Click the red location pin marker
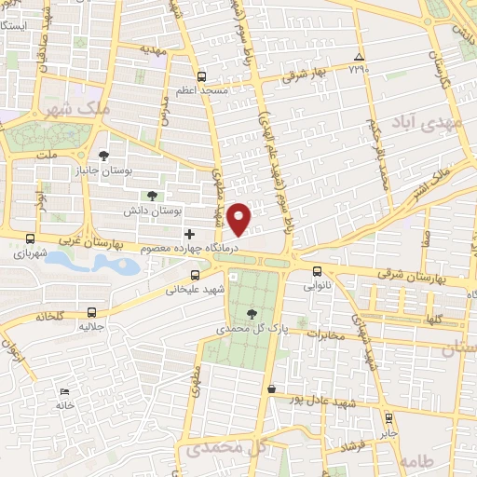pyautogui.click(x=240, y=218)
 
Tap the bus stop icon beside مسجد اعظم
pyautogui.click(x=202, y=76)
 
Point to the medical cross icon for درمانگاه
pyautogui.click(x=191, y=234)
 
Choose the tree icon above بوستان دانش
pyautogui.click(x=150, y=196)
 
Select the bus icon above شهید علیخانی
pyautogui.click(x=195, y=275)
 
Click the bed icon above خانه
pyautogui.click(x=64, y=392)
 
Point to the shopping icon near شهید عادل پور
pyautogui.click(x=271, y=388)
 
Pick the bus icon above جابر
pyautogui.click(x=388, y=417)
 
